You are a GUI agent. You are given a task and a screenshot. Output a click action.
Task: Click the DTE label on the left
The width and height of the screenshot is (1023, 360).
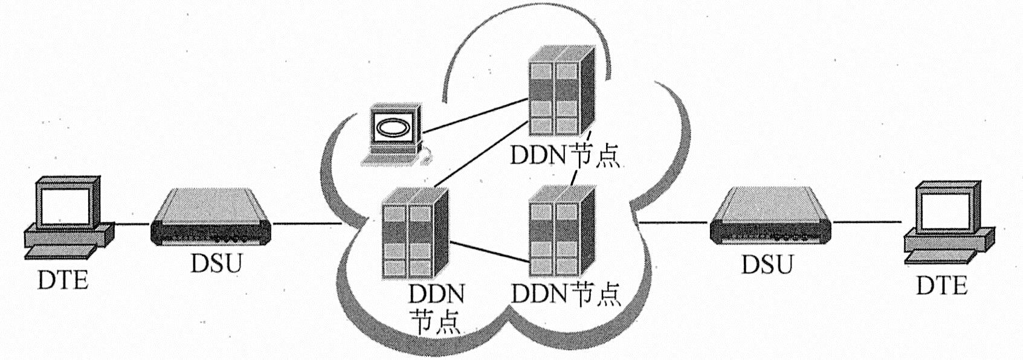coord(63,280)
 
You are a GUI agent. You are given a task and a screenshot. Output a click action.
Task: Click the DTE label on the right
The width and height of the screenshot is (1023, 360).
coord(941,284)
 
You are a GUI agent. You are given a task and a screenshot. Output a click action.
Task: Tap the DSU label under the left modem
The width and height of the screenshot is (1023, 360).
coord(216,263)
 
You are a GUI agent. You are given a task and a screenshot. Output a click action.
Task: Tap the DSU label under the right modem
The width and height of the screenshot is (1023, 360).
coord(767,264)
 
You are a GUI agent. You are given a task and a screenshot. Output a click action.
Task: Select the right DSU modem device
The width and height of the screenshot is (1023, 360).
coord(770,217)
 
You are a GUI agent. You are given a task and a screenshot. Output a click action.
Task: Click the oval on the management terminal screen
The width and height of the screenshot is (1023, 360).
coord(394,127)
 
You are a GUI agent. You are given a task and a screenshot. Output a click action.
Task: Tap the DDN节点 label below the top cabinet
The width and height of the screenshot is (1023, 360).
coord(565,156)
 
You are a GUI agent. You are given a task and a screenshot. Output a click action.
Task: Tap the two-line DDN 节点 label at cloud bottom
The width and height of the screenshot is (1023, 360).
coord(436,309)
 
